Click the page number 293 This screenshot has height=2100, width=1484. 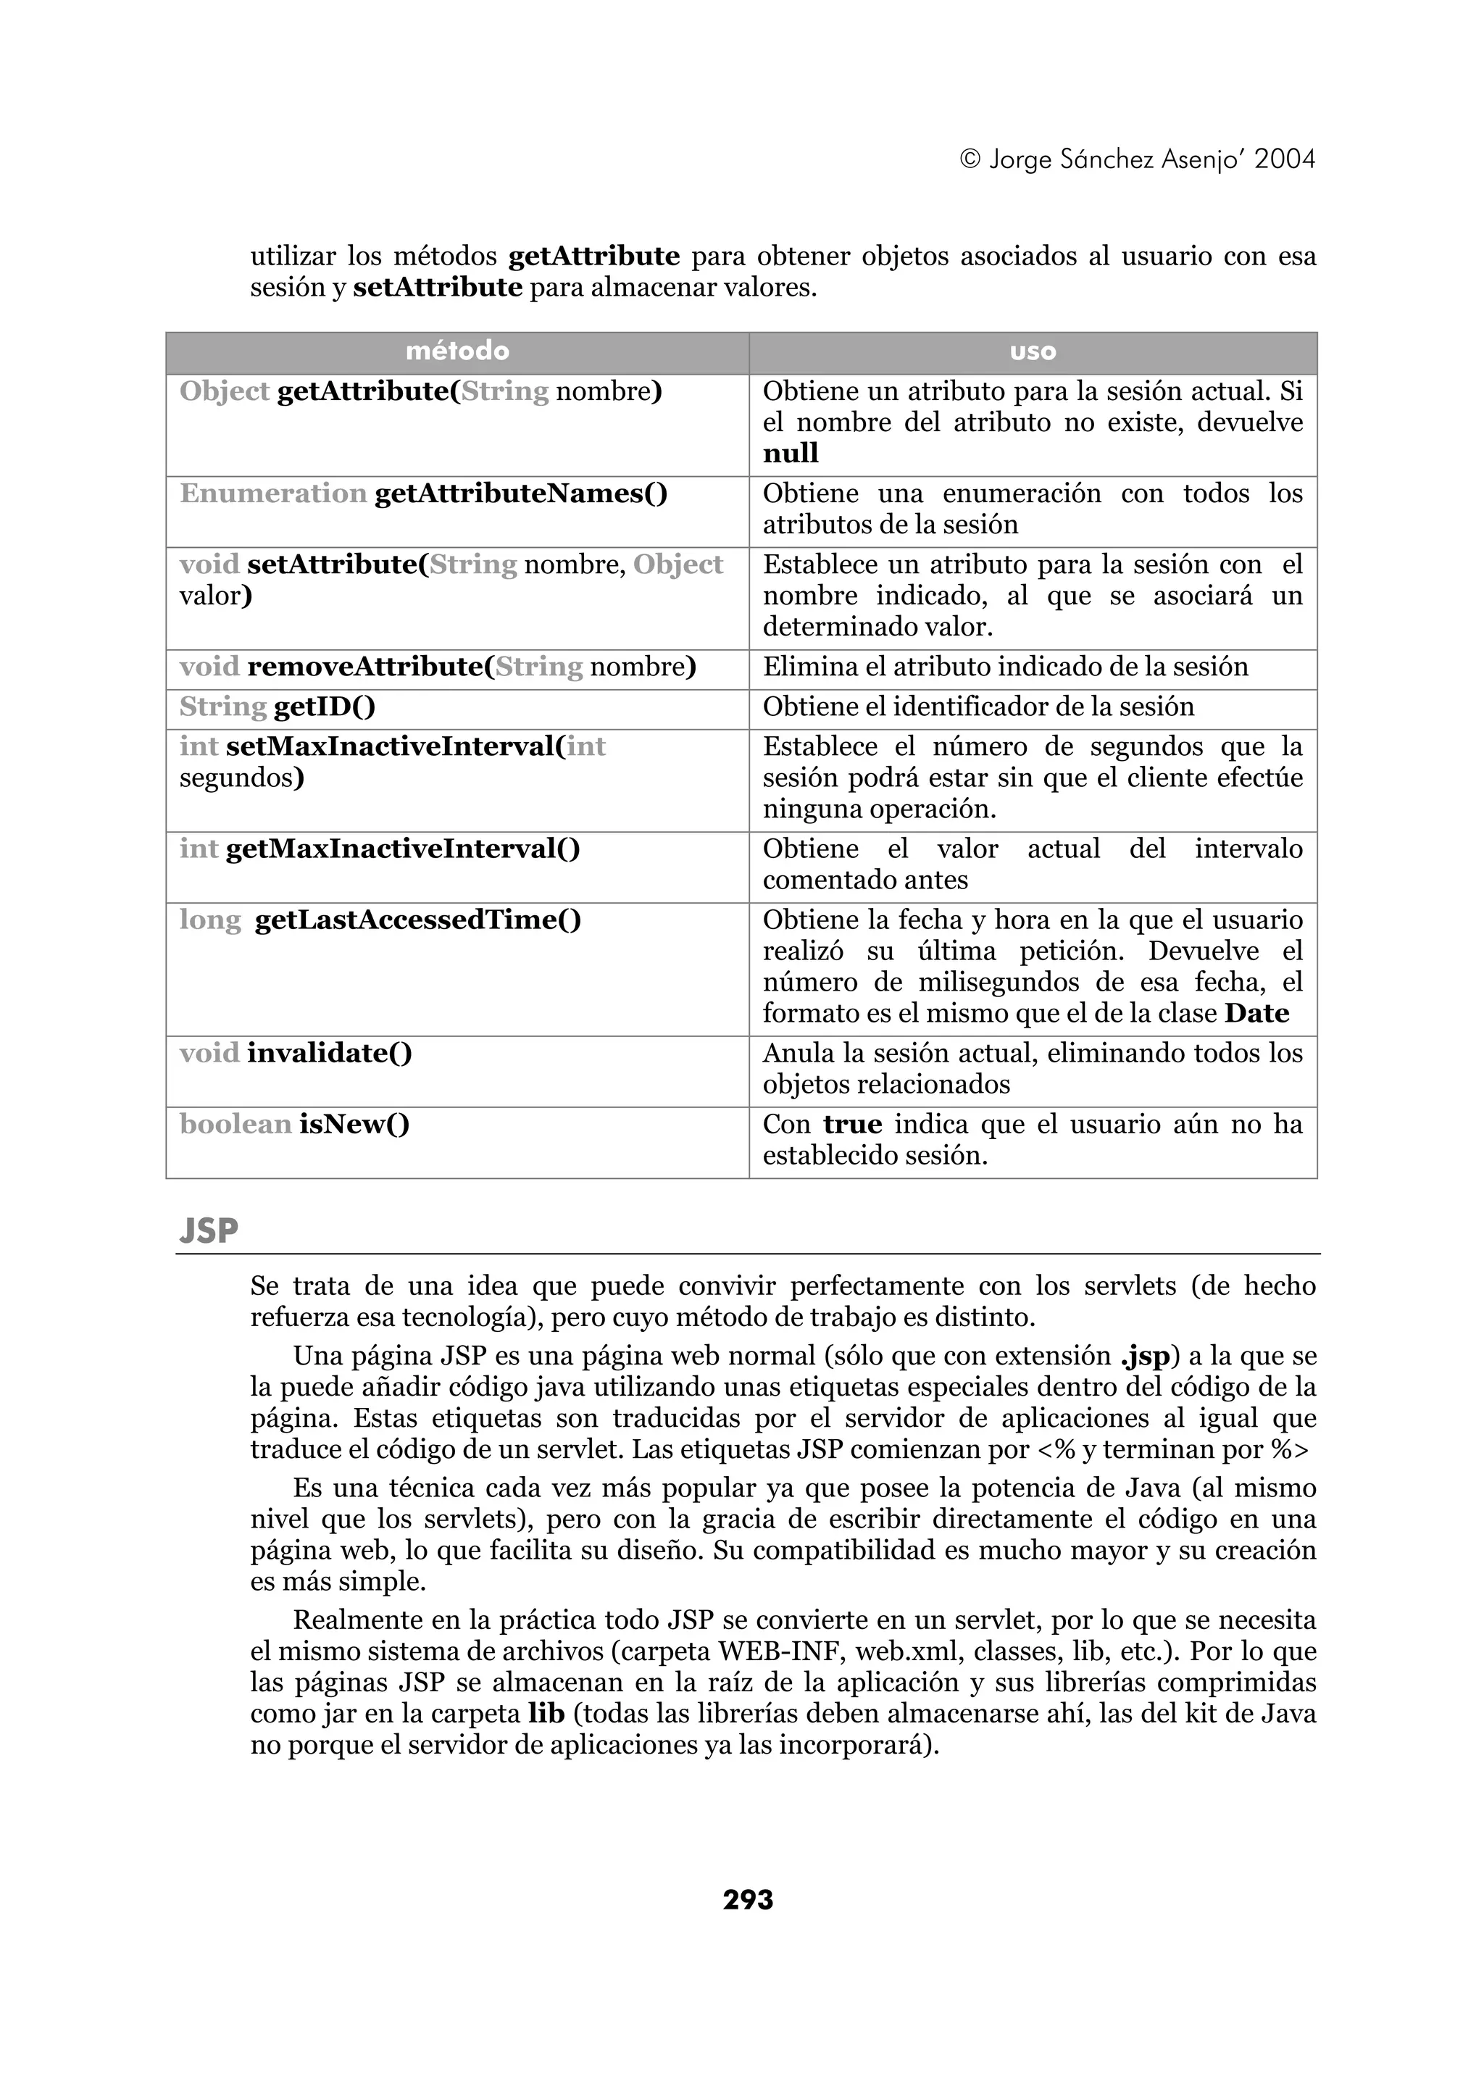(748, 1901)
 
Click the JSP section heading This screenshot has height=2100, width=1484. (209, 1231)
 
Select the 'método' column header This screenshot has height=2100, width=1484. (457, 351)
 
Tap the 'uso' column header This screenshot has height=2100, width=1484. (1033, 351)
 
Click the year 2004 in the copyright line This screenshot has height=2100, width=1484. (1285, 160)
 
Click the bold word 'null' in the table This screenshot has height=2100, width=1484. (791, 454)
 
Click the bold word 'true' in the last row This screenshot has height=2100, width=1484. (852, 1124)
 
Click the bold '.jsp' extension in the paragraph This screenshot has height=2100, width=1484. (1144, 1356)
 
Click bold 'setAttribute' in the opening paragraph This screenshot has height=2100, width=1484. (437, 288)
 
